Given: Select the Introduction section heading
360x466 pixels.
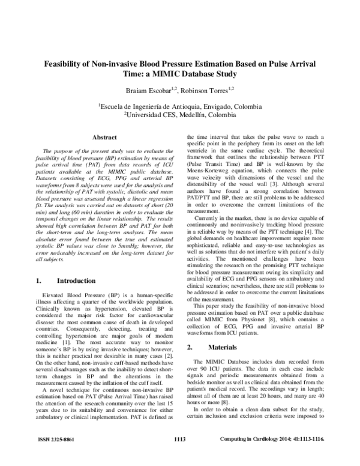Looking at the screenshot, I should [77, 280].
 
